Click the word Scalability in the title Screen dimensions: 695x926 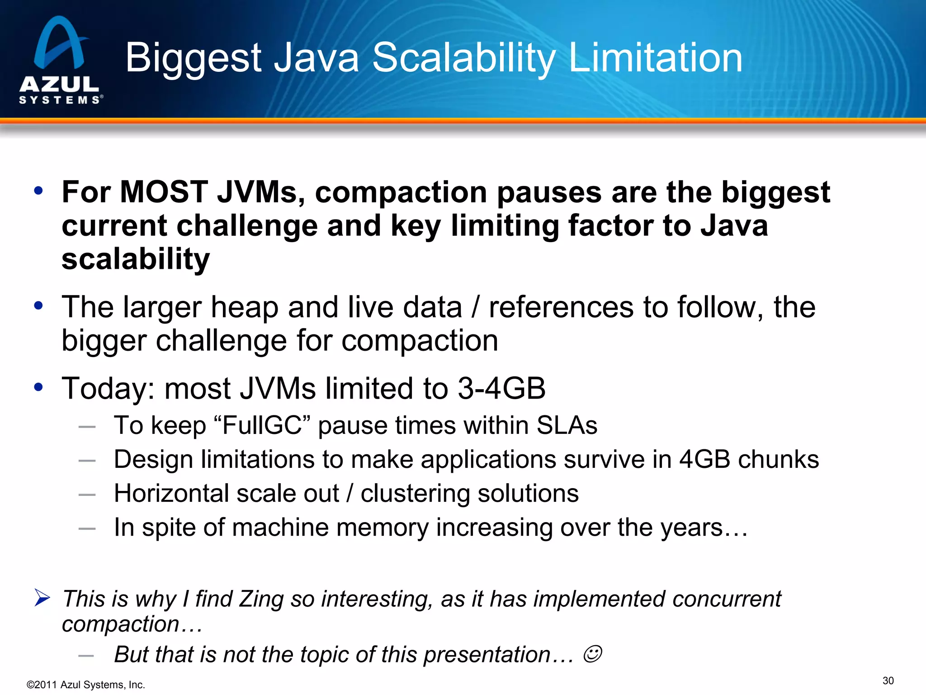click(463, 58)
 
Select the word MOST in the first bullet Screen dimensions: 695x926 click(164, 192)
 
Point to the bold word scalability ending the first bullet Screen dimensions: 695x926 click(136, 259)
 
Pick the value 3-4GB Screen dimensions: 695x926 click(501, 389)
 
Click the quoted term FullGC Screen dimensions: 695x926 click(262, 426)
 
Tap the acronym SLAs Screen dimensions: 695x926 click(567, 426)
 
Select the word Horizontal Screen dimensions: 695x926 click(171, 493)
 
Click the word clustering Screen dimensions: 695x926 click(415, 493)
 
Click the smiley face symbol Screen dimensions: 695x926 click(592, 654)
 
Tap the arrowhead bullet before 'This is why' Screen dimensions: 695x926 click(42, 598)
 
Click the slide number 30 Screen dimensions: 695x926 click(888, 681)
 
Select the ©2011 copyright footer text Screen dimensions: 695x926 click(86, 685)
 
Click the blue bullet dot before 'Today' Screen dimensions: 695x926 click(38, 387)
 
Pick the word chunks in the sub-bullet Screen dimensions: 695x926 click(778, 460)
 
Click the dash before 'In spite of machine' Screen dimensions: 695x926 click(87, 528)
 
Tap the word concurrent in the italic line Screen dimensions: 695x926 click(727, 599)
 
